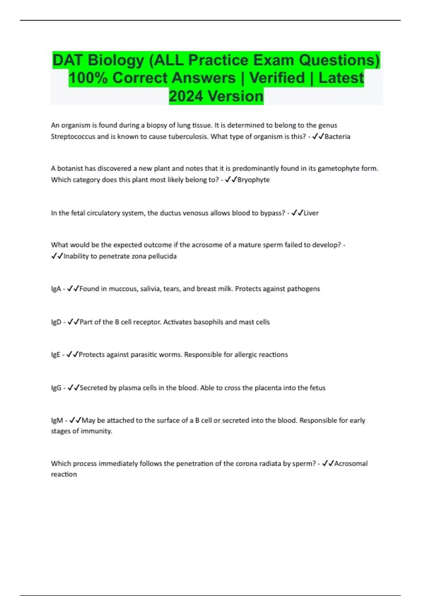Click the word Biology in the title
(115, 60)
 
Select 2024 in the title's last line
(186, 96)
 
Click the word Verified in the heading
(277, 78)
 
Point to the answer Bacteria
(337, 137)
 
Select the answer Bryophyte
(253, 180)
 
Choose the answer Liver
(311, 213)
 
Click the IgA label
(56, 289)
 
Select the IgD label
(56, 322)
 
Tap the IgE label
(55, 355)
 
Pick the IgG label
(56, 388)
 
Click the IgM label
(57, 420)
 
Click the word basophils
(208, 322)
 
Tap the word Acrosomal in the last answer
(351, 464)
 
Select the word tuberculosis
(188, 137)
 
